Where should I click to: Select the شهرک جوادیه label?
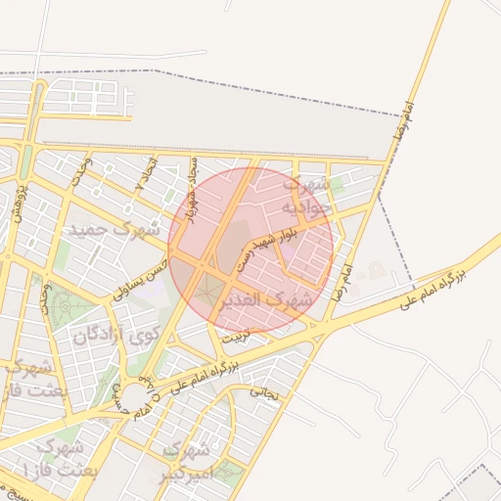(302, 197)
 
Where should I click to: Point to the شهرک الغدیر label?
(277, 300)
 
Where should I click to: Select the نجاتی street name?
(265, 393)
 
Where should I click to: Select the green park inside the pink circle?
(208, 291)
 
